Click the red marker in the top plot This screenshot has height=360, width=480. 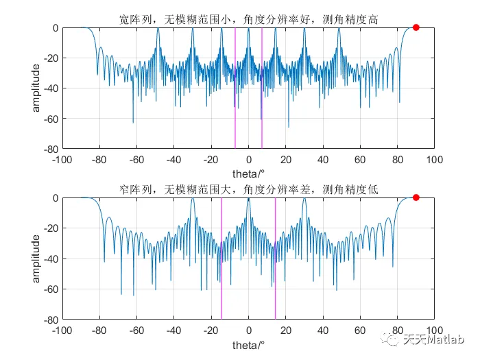tap(416, 27)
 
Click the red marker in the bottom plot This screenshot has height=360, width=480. tap(416, 197)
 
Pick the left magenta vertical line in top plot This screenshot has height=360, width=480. tap(235, 88)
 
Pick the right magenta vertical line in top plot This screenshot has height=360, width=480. tap(261, 88)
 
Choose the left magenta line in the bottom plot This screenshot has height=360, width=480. tap(221, 258)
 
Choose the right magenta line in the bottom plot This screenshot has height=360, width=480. tap(275, 258)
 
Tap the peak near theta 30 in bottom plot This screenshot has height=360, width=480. tap(304, 200)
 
